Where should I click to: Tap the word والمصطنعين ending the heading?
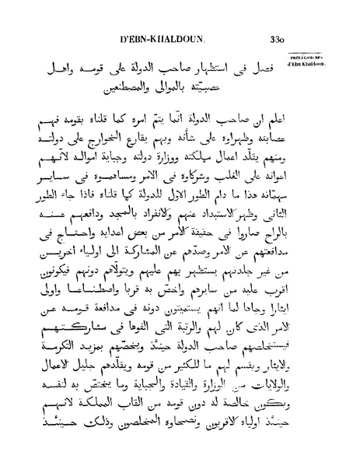click(x=128, y=90)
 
